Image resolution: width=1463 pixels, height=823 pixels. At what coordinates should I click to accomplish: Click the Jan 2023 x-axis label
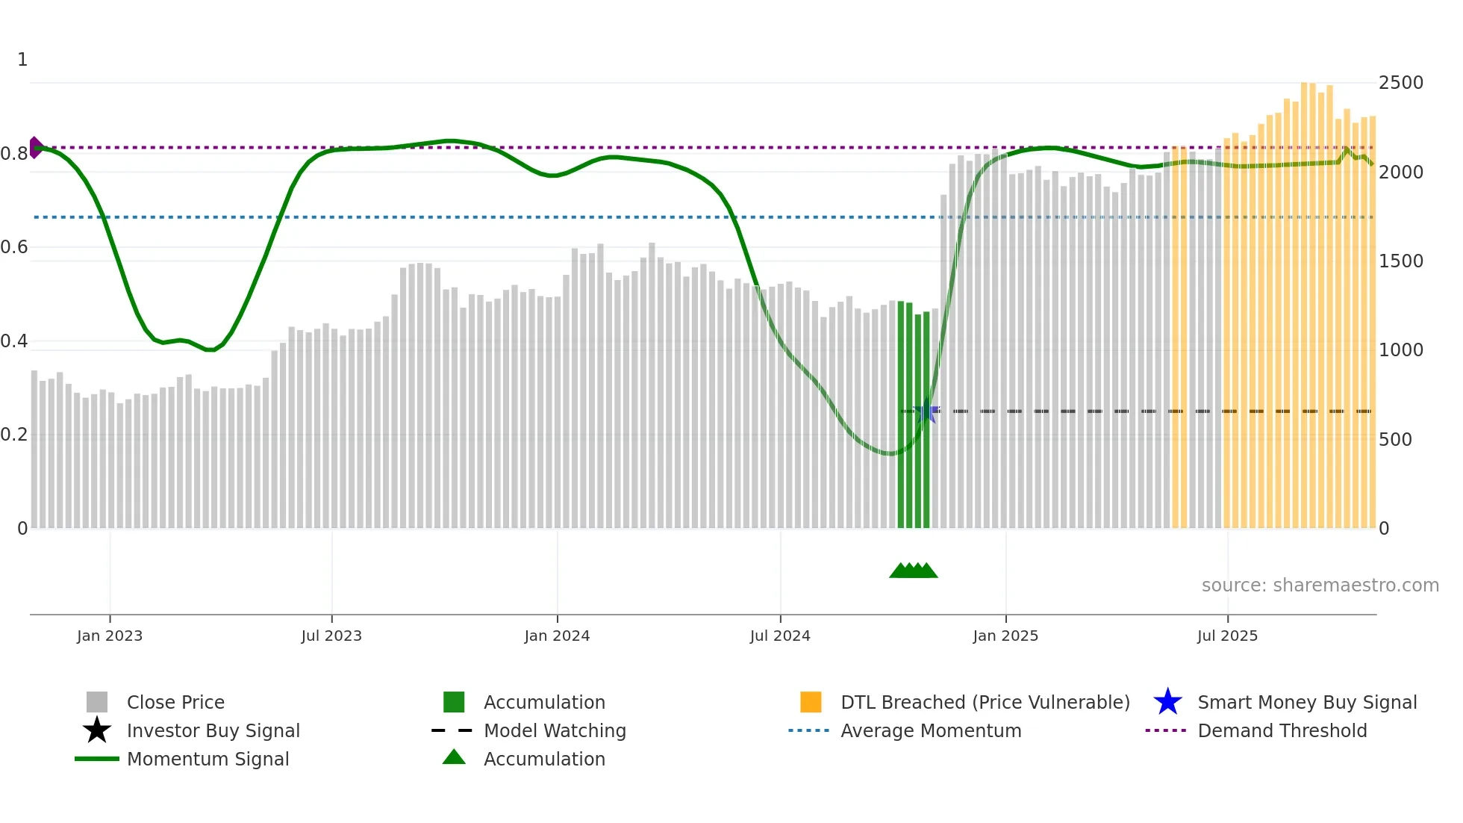click(110, 636)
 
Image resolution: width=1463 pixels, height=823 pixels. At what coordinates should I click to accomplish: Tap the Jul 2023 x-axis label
click(331, 636)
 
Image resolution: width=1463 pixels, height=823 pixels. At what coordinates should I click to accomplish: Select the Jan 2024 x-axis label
click(557, 636)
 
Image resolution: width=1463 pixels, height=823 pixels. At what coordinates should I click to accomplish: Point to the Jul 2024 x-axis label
click(780, 636)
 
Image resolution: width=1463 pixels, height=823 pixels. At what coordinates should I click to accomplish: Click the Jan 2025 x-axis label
click(1005, 636)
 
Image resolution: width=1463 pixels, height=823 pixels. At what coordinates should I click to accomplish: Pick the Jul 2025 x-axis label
click(1227, 636)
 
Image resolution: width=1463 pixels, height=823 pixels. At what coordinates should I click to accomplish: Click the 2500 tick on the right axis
click(1400, 83)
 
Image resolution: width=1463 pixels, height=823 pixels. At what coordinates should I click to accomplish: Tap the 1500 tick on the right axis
click(1400, 261)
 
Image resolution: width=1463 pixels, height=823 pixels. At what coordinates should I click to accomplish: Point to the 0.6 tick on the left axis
click(14, 247)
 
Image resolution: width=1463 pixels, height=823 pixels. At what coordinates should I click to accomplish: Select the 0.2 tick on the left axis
click(14, 435)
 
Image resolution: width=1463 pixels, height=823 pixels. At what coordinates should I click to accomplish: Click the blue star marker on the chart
click(926, 411)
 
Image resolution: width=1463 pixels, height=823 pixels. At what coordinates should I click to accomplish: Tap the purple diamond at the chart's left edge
click(35, 147)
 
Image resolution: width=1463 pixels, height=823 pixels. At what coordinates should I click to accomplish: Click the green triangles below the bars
click(913, 571)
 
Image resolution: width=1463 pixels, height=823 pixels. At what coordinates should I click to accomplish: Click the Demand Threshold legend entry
click(1282, 731)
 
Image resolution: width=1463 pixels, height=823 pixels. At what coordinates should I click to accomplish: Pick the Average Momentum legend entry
click(930, 731)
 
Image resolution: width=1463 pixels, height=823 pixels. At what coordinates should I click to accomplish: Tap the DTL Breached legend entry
click(985, 703)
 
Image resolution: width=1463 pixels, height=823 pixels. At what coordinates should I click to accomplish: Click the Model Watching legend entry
click(554, 731)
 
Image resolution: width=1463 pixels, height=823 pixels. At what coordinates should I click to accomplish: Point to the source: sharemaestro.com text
click(1320, 586)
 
